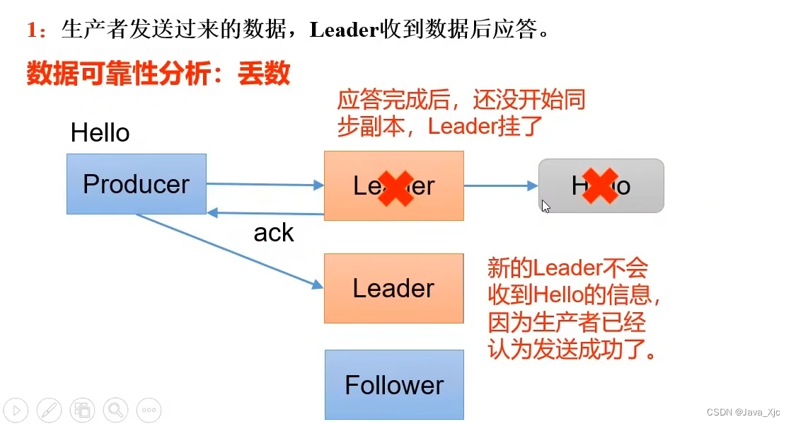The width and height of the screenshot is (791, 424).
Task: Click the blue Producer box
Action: [137, 184]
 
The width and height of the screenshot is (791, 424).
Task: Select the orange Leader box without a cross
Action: [393, 288]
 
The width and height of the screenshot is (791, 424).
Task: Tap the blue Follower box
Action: [394, 385]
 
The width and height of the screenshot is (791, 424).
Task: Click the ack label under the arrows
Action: [273, 232]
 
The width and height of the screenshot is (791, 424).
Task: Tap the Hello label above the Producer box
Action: [100, 133]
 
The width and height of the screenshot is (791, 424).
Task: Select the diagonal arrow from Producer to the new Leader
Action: [226, 251]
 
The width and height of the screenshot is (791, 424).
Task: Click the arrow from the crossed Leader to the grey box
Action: [501, 185]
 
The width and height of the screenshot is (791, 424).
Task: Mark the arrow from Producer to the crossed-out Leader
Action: [265, 184]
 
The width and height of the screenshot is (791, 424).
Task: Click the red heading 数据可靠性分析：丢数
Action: [158, 73]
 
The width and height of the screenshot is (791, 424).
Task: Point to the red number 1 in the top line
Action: [32, 30]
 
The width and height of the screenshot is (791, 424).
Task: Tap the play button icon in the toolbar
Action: [16, 409]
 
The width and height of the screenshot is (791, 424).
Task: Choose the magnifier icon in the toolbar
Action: [115, 409]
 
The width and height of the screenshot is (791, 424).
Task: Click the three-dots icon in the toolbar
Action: [148, 409]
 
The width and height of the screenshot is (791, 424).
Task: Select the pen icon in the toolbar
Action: [49, 409]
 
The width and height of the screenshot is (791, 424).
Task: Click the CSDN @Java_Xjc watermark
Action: [745, 411]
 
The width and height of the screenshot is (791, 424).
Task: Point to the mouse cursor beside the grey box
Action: [545, 206]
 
